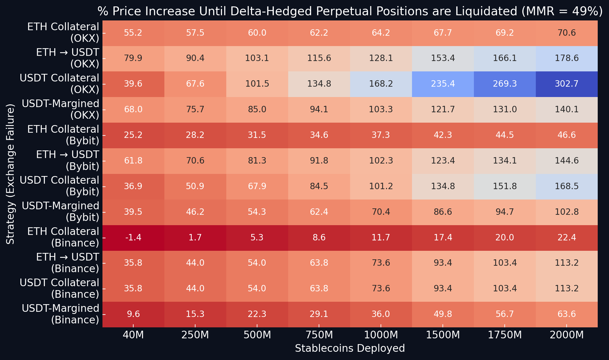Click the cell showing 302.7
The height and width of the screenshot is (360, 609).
(567, 84)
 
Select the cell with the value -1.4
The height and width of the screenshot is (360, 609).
(133, 238)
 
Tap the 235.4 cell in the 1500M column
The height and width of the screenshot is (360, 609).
(443, 84)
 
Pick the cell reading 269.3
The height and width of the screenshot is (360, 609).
(505, 84)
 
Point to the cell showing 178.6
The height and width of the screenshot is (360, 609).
(567, 58)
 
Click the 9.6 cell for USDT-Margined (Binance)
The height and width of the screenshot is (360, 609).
(133, 314)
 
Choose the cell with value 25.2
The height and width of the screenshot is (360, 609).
(133, 135)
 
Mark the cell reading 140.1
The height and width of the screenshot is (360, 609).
(567, 110)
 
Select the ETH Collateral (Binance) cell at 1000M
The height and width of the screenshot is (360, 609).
(381, 238)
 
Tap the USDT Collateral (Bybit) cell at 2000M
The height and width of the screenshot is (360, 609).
(567, 186)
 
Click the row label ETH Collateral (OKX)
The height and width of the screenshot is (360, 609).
(63, 33)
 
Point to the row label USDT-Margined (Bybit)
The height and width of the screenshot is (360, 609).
(61, 212)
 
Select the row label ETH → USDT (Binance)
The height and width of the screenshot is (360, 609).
(67, 263)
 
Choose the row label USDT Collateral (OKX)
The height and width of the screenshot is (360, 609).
(59, 84)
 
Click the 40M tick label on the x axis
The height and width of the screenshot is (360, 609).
(133, 335)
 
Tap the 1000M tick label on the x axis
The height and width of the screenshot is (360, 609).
(381, 335)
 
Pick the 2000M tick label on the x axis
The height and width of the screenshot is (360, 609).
(567, 335)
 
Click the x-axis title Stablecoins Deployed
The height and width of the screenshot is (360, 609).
(350, 348)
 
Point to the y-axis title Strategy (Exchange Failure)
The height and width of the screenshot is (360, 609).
(10, 174)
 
